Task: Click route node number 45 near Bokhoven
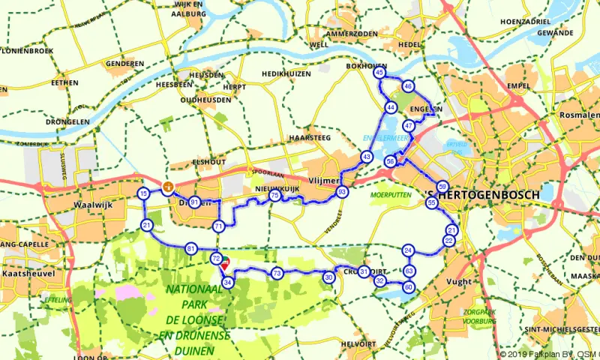coord(379,73)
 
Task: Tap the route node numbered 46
coord(408,86)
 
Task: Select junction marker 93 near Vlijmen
coord(343,193)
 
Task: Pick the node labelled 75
coord(275,196)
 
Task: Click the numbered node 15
coord(143,194)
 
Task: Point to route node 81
coord(191,248)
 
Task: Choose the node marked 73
coord(277,273)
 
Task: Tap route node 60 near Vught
coord(409,286)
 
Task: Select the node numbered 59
coord(443,186)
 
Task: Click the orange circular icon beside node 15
coord(168,187)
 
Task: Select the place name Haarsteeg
coord(309,139)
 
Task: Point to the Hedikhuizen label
coord(285,74)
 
